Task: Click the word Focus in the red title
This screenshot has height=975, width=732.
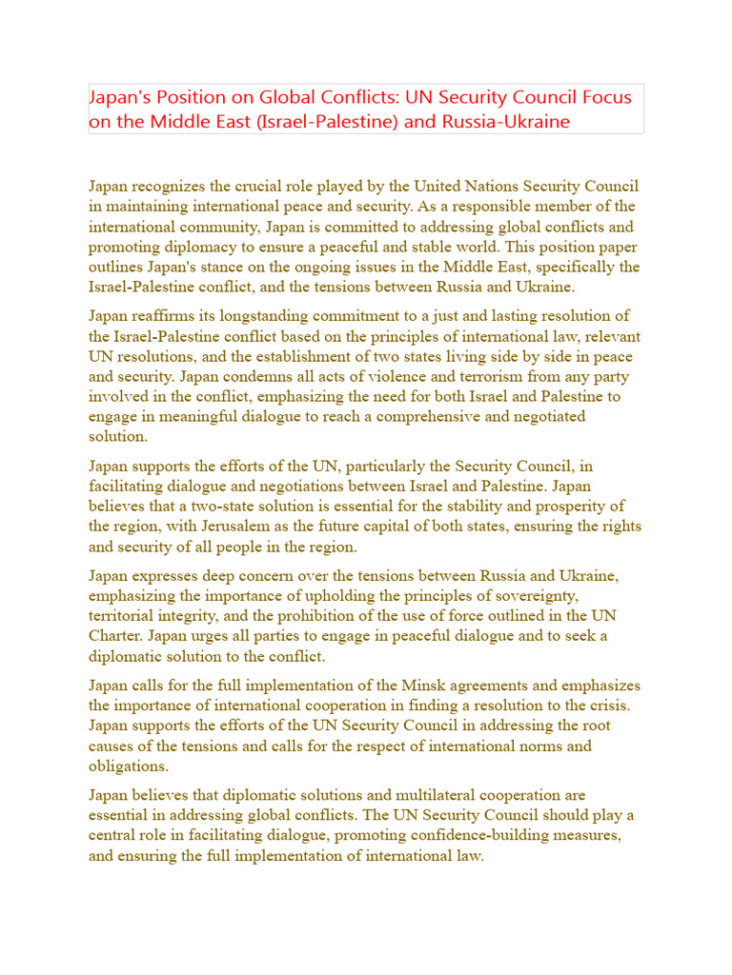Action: [605, 98]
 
